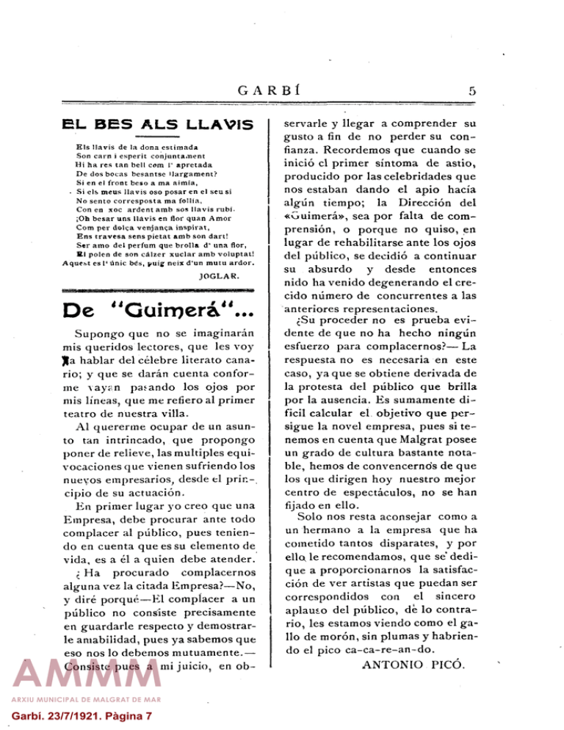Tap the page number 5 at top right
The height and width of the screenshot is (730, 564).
click(x=474, y=92)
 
